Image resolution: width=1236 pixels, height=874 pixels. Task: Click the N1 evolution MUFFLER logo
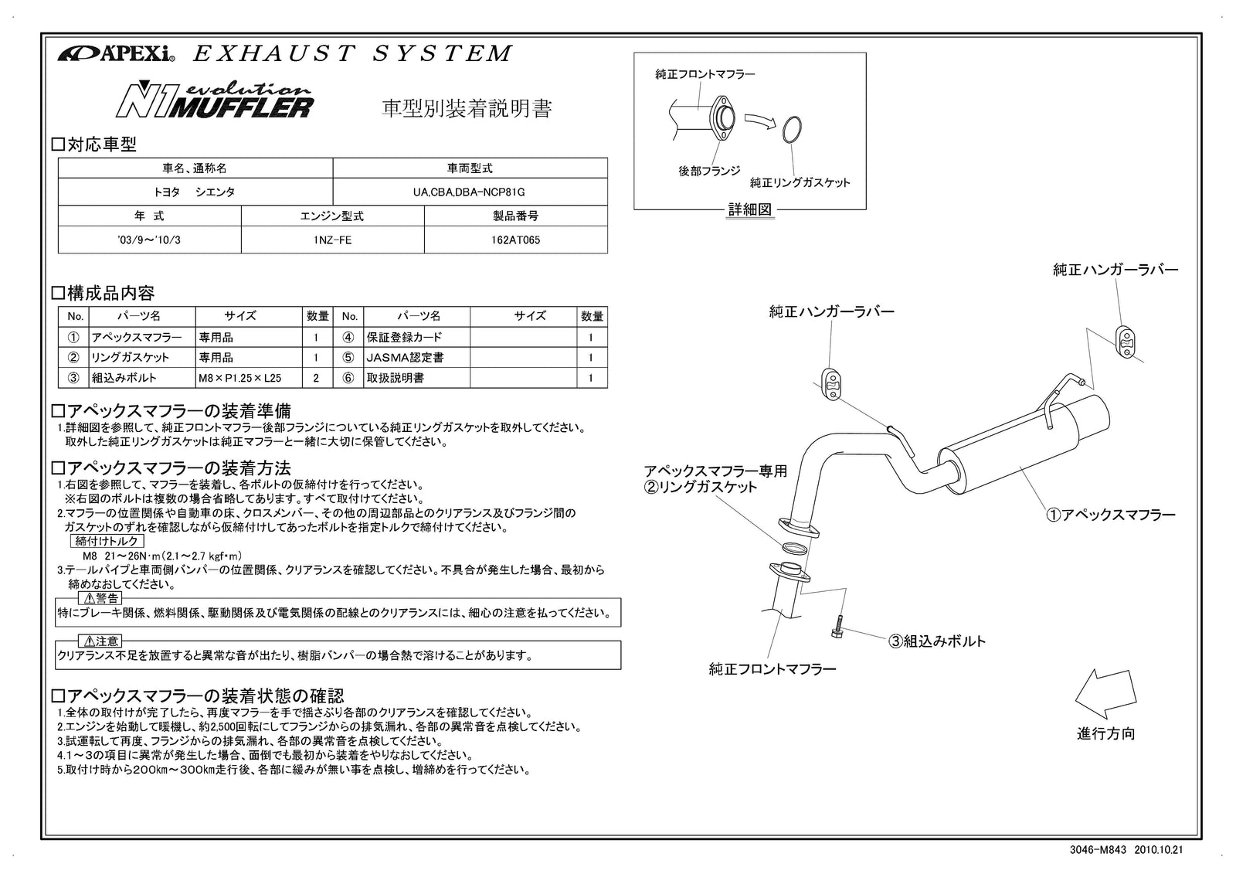[214, 100]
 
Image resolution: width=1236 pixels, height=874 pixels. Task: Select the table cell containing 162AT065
[515, 240]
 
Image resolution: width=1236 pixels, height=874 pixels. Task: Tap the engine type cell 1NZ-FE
[332, 240]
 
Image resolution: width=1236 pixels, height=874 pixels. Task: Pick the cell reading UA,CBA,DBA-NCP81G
[469, 192]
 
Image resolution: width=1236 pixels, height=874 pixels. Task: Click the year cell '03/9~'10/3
[149, 240]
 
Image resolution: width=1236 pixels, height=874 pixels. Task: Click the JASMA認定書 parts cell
[416, 358]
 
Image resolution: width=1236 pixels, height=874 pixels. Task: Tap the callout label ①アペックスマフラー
[1110, 515]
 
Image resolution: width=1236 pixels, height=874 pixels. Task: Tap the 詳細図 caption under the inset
[749, 209]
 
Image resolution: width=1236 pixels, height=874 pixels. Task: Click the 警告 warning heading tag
[100, 598]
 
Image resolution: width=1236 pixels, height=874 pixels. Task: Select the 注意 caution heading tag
[100, 641]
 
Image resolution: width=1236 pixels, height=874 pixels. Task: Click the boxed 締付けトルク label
[106, 542]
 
